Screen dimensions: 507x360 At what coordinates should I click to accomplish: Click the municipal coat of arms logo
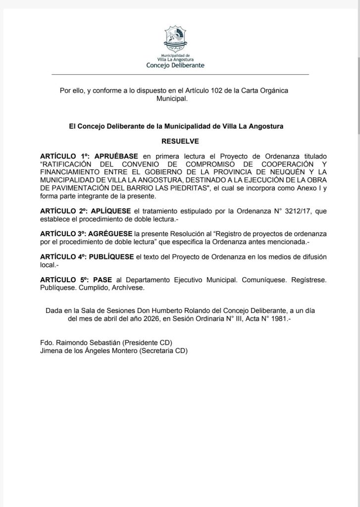point(176,39)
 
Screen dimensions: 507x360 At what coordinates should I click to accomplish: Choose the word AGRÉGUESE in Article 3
point(112,233)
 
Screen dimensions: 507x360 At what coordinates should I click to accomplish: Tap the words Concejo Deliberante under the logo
point(175,65)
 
